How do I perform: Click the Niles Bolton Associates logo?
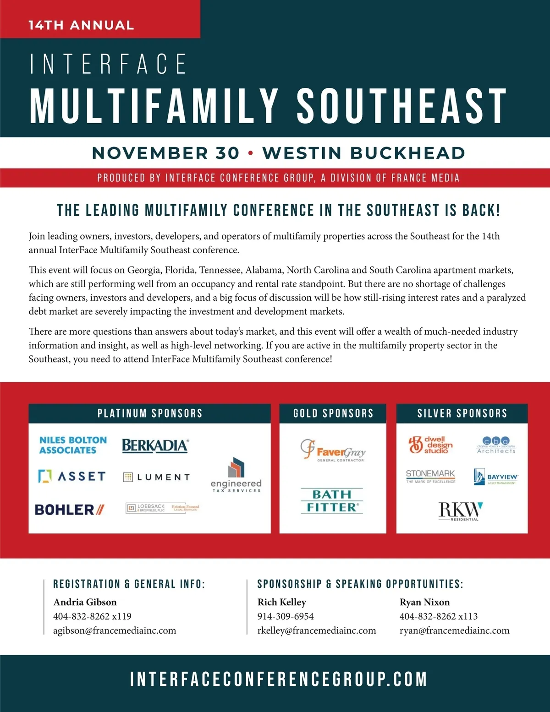pos(73,445)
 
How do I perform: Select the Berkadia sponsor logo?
pos(155,446)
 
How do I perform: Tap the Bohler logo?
pos(70,509)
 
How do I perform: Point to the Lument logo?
pos(157,477)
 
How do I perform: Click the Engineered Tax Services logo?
pos(236,475)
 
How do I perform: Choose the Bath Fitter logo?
pos(332,501)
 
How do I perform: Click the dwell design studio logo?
pos(430,445)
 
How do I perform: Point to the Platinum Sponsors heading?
pos(150,413)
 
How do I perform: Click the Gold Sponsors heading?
pos(333,413)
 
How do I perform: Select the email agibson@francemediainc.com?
pos(115,630)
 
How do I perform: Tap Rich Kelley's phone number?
pos(286,616)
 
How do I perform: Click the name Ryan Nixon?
pos(424,602)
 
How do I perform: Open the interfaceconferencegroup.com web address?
pos(279,679)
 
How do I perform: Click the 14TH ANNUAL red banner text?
pos(81,25)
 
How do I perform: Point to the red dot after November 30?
pos(250,153)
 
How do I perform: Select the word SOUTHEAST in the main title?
pos(401,106)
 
